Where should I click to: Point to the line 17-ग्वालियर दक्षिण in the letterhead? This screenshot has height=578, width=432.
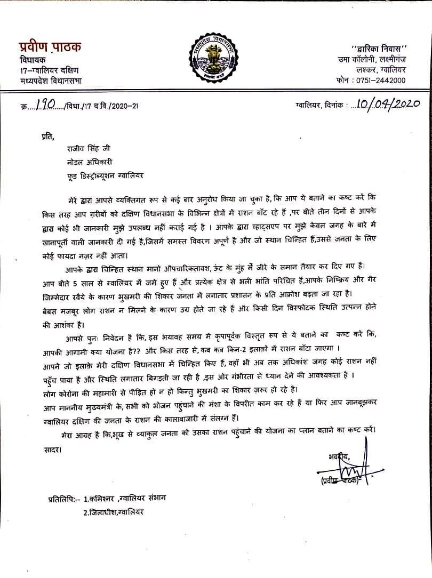tap(49, 70)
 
